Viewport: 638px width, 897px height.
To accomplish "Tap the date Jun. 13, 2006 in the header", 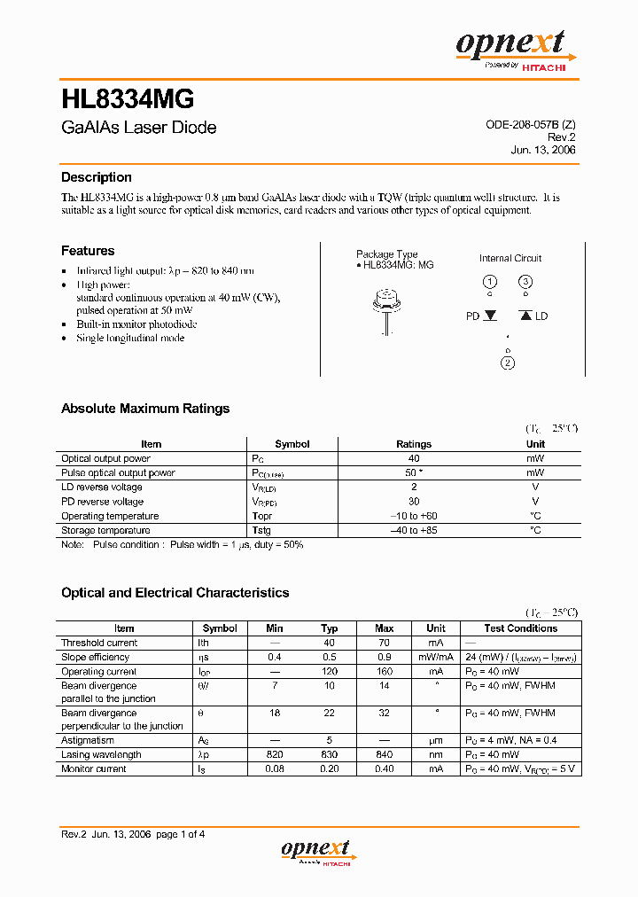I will [x=543, y=150].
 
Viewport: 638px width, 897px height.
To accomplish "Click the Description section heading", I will [x=96, y=177].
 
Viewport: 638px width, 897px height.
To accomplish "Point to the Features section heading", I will [x=88, y=251].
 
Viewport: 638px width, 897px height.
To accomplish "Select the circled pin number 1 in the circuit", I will [x=489, y=283].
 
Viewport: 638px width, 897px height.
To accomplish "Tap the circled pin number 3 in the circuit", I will [x=525, y=283].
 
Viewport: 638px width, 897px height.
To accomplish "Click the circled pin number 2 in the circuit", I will [x=508, y=362].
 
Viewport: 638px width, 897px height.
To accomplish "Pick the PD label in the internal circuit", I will [x=473, y=316].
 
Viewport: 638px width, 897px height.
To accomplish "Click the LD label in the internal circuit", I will [x=541, y=316].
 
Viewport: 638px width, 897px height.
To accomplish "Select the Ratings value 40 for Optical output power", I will [x=413, y=459].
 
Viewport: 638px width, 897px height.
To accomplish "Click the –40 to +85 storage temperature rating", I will [x=413, y=530].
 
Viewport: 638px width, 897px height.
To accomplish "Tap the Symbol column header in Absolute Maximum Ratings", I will [x=292, y=444].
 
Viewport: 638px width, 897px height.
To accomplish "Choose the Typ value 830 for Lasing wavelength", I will [x=329, y=754].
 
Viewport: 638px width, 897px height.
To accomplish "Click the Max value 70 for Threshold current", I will [x=384, y=643].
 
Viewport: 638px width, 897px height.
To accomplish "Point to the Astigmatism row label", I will [x=88, y=740].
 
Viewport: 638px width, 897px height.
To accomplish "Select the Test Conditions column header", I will [x=520, y=628].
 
